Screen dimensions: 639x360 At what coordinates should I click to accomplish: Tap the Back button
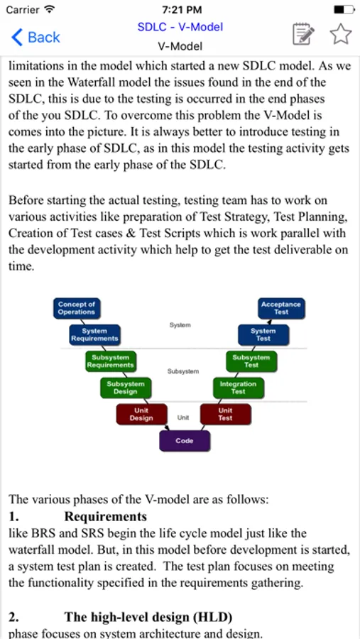(x=36, y=38)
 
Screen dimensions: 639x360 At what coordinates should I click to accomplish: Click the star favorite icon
(x=341, y=34)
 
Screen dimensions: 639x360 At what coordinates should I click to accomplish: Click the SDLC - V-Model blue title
(x=180, y=27)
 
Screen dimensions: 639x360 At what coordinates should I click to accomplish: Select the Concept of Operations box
(x=77, y=308)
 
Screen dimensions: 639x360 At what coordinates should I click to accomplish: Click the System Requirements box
(x=94, y=334)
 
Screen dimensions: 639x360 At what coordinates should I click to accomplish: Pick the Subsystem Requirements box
(x=110, y=361)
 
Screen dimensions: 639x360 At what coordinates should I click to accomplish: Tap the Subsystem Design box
(x=125, y=387)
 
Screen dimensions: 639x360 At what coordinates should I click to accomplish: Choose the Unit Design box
(x=141, y=414)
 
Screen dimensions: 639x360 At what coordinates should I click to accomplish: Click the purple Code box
(x=184, y=441)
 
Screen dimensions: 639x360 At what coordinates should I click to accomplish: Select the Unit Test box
(x=225, y=414)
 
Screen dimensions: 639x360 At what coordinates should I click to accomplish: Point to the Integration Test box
(x=238, y=387)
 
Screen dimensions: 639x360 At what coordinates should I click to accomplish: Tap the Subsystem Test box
(x=251, y=361)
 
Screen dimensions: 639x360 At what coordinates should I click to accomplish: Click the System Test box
(x=263, y=334)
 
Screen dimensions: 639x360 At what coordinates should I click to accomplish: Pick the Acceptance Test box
(x=281, y=308)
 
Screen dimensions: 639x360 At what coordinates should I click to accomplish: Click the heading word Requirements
(x=105, y=516)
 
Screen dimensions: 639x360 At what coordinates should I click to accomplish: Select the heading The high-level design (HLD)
(x=148, y=616)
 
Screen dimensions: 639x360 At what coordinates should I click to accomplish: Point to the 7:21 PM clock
(x=181, y=10)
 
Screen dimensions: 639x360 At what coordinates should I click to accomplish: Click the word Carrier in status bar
(x=23, y=10)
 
